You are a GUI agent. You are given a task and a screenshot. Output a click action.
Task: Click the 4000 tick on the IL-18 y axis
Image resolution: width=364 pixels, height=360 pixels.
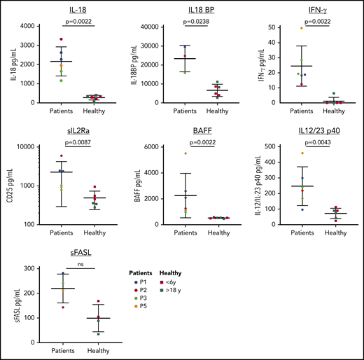[30, 27]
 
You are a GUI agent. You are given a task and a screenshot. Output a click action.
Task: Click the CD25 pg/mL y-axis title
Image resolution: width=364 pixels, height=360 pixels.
[7, 187]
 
